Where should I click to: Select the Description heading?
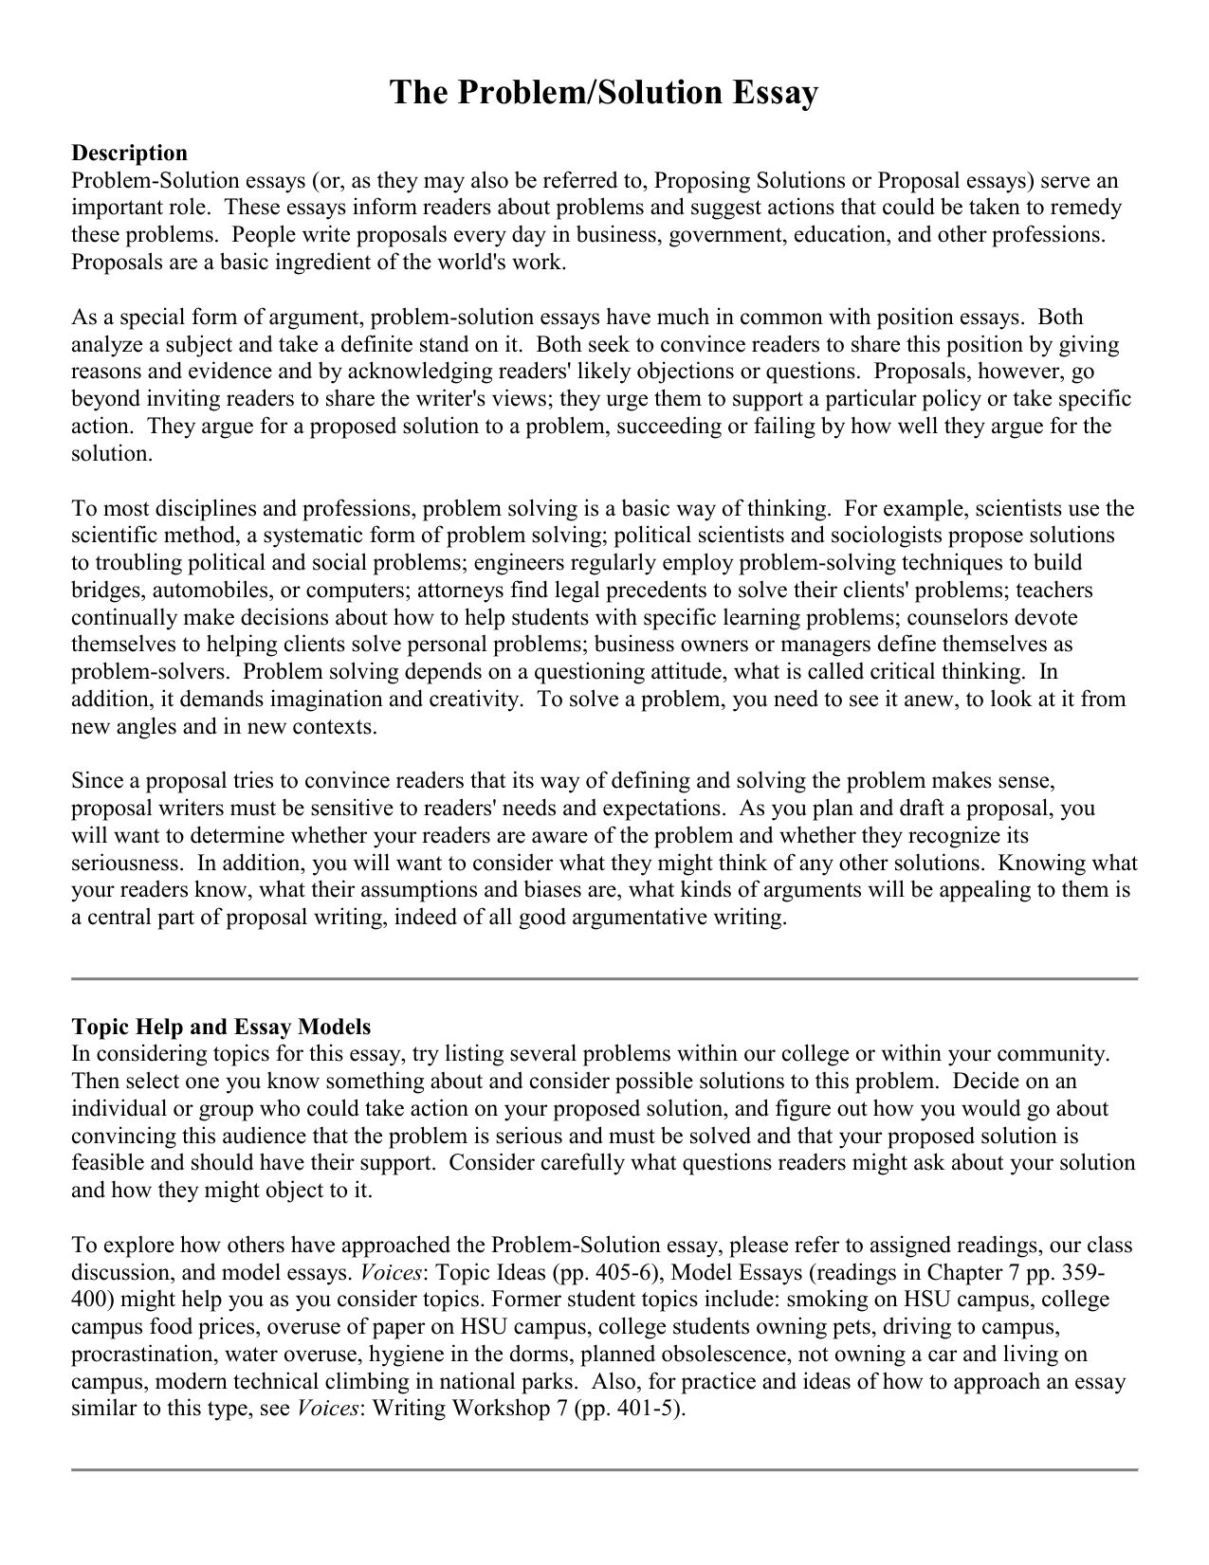click(129, 153)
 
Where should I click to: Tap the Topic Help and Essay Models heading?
click(221, 1027)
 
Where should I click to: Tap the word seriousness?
click(126, 864)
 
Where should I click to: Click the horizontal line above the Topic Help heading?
click(604, 978)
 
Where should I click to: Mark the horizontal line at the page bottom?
click(604, 1469)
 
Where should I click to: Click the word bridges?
click(103, 591)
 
